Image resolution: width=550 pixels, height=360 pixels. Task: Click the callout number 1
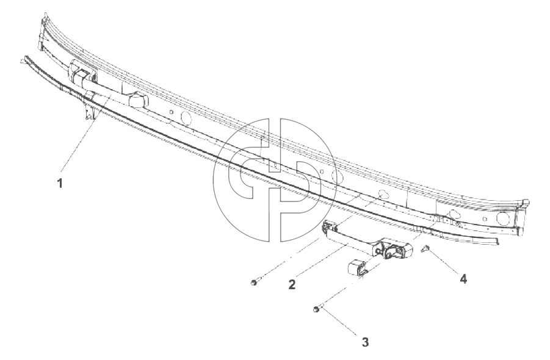60,183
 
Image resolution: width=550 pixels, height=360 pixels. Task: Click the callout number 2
292,284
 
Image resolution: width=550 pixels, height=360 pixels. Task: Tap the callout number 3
365,342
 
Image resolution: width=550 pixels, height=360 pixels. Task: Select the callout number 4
463,279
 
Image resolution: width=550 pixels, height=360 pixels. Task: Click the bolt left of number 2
255,281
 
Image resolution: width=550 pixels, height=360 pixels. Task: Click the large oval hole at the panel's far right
503,218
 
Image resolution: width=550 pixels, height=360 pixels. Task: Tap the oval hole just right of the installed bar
187,117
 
